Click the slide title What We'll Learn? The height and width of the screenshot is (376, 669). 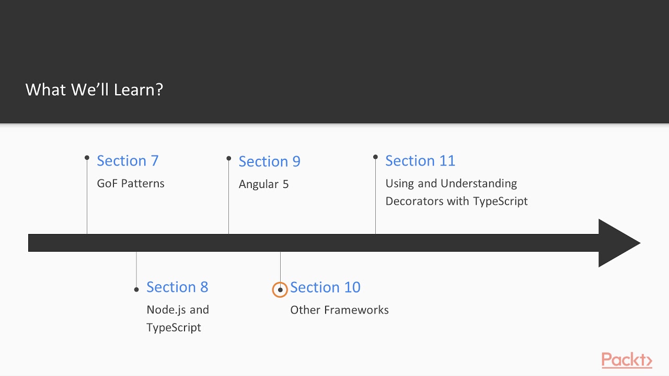coord(94,90)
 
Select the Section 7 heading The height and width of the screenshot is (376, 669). coord(128,161)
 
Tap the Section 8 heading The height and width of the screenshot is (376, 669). coord(177,287)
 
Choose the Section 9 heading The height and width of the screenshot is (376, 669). coord(269,162)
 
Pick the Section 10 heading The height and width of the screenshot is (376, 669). coord(325,287)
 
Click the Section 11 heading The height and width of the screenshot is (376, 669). coord(420,161)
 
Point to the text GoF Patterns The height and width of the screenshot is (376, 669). coord(131,183)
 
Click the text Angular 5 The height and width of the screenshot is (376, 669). coord(263,184)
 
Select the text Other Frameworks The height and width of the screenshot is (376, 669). coord(339,310)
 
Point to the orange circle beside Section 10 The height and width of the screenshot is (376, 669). coord(280,289)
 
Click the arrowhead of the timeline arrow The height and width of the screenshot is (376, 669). coord(618,243)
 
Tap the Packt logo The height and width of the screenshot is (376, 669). coord(626,360)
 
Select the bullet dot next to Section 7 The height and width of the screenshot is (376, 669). coord(87,157)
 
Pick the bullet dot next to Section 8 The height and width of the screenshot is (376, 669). coord(136,289)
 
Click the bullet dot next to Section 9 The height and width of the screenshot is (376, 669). coord(228,158)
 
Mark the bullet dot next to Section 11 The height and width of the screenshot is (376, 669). coord(375,157)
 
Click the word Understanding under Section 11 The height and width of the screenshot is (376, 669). coord(479,183)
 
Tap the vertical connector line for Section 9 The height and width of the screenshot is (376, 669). coord(228,198)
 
